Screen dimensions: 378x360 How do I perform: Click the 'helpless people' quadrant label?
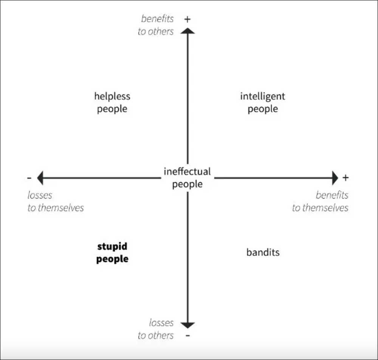pyautogui.click(x=112, y=102)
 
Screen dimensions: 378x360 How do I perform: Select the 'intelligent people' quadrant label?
pyautogui.click(x=263, y=102)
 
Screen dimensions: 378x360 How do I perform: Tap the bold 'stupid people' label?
pyautogui.click(x=112, y=253)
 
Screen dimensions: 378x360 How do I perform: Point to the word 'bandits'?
pyautogui.click(x=263, y=252)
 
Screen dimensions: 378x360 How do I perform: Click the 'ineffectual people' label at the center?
pyautogui.click(x=187, y=178)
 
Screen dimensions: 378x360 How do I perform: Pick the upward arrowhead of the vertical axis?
pyautogui.click(x=187, y=31)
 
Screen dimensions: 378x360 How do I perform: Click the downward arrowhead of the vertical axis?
pyautogui.click(x=187, y=325)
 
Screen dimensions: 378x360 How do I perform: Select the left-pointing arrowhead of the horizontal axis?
pyautogui.click(x=40, y=178)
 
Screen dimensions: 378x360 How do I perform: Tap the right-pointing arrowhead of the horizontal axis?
pyautogui.click(x=335, y=178)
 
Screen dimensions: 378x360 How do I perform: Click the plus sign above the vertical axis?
pyautogui.click(x=187, y=19)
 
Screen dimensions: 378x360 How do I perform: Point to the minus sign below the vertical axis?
pyautogui.click(x=188, y=335)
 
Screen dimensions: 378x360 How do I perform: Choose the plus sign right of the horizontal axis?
pyautogui.click(x=345, y=178)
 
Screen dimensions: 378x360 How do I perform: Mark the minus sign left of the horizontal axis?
pyautogui.click(x=29, y=178)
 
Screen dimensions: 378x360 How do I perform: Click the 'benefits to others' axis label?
pyautogui.click(x=156, y=25)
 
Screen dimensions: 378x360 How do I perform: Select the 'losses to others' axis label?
pyautogui.click(x=156, y=329)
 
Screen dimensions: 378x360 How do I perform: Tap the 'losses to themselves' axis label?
pyautogui.click(x=56, y=201)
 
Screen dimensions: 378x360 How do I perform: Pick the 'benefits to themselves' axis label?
pyautogui.click(x=320, y=201)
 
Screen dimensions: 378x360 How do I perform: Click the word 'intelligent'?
pyautogui.click(x=263, y=96)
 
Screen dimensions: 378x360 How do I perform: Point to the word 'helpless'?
pyautogui.click(x=112, y=96)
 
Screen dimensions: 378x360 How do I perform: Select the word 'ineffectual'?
pyautogui.click(x=187, y=172)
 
